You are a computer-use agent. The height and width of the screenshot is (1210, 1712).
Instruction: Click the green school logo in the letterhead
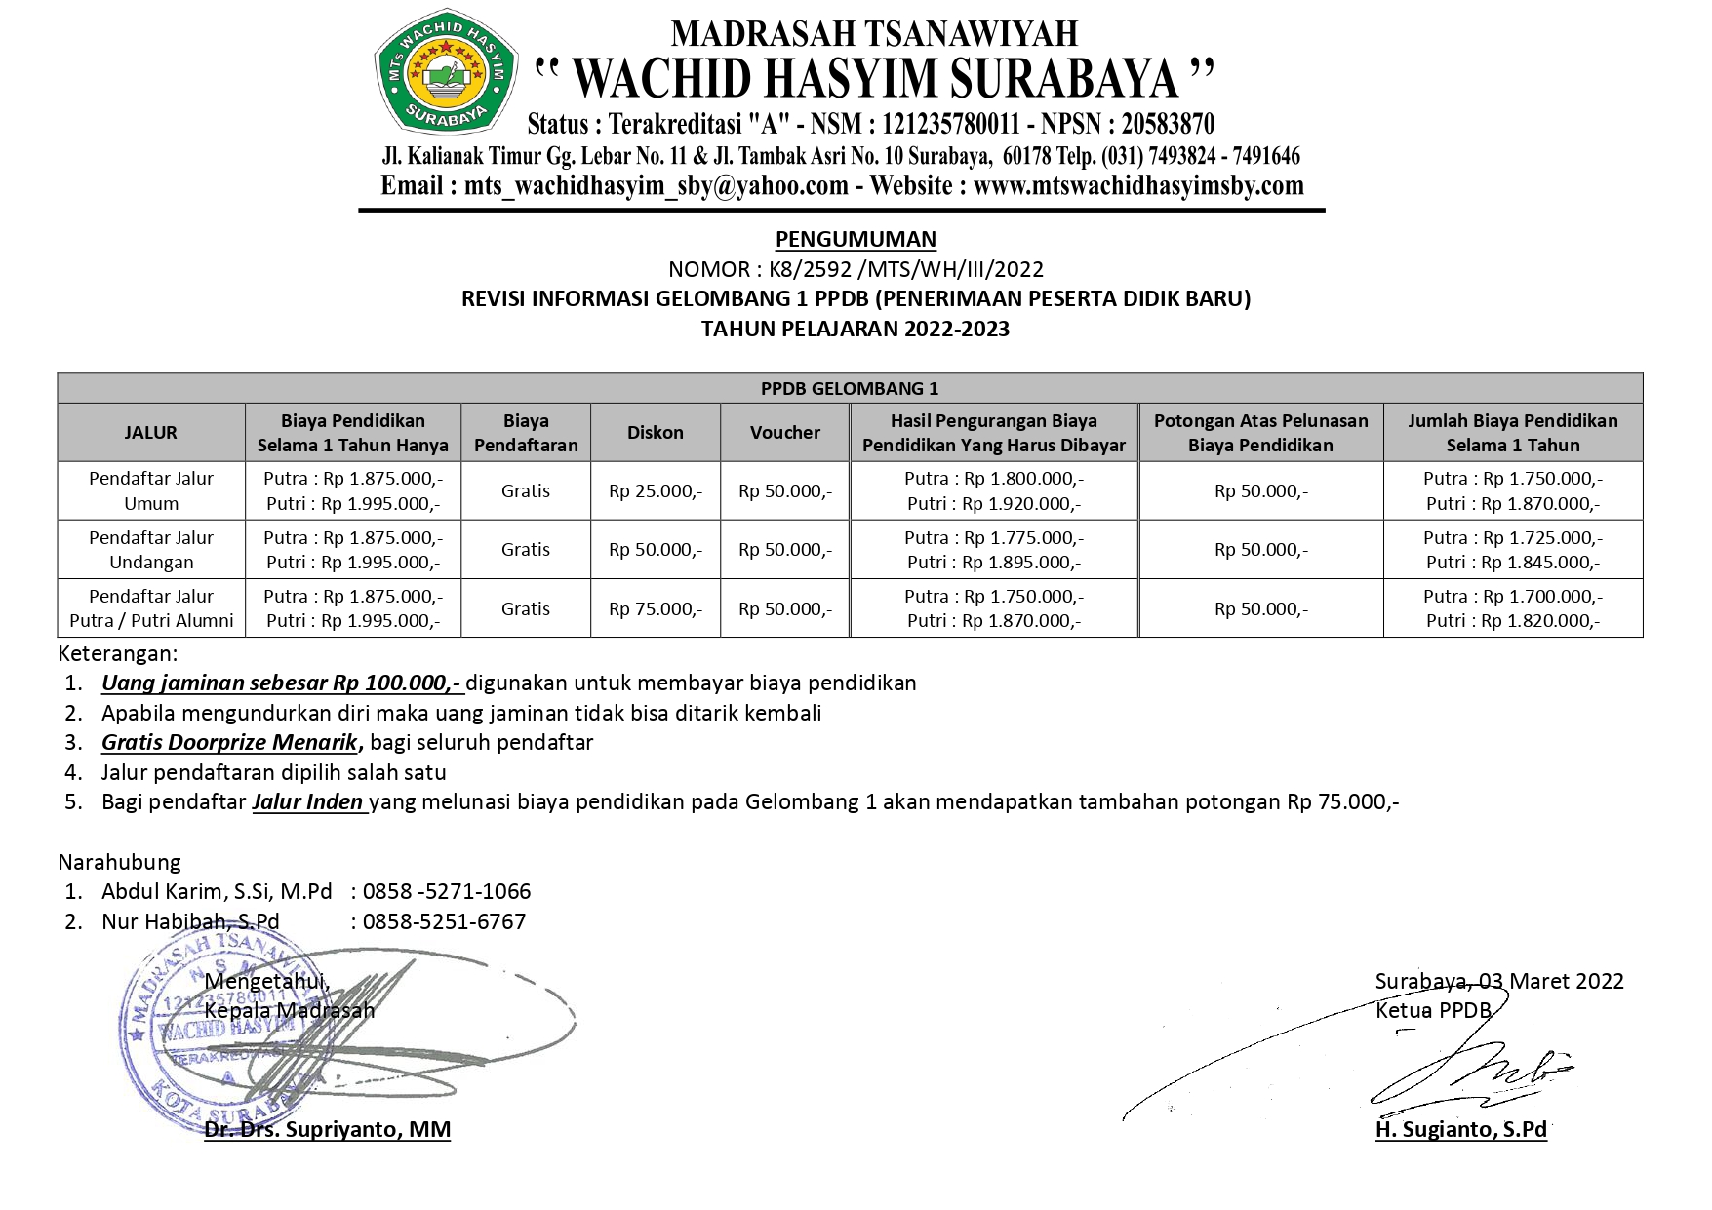446,72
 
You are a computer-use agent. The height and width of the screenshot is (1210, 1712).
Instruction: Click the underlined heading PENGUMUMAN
856,239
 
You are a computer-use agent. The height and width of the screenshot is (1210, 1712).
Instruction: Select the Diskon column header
656,432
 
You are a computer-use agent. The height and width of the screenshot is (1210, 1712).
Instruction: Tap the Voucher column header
785,432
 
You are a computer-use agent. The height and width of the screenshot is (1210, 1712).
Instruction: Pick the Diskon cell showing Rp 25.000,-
656,491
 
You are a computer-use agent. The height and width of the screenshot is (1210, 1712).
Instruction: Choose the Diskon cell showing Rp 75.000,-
656,609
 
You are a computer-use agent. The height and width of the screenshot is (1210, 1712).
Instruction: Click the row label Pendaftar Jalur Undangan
151,550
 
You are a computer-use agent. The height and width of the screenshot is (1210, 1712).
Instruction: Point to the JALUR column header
151,432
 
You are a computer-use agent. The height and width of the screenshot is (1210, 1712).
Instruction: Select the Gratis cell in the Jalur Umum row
526,491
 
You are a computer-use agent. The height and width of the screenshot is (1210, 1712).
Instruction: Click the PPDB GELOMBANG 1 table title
850,388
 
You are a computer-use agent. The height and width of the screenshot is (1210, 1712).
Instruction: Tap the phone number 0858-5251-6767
444,921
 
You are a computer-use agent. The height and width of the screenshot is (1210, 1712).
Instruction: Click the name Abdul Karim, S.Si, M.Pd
217,891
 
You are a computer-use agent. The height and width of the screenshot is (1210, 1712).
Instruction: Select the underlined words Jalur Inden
308,801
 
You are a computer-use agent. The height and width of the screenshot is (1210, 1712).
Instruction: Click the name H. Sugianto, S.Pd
1460,1129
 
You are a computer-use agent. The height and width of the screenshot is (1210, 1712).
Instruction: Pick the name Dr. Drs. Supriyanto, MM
328,1129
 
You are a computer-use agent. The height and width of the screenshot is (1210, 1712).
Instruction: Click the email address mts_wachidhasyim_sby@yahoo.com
657,185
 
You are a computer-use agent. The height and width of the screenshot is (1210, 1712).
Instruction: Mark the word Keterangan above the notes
118,653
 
